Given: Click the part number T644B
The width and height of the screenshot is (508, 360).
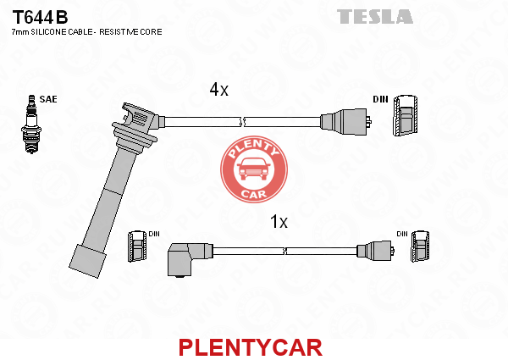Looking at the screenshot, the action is coord(40,17).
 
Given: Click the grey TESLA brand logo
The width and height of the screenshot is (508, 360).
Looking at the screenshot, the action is coord(375,17).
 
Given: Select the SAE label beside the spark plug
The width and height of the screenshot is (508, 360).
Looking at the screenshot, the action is coord(48,99).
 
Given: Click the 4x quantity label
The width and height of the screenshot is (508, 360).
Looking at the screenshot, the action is coord(219,89).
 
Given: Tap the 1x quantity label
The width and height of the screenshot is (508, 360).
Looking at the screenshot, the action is coord(279,222).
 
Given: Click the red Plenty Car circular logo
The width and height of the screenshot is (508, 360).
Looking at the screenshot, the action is coord(254,169).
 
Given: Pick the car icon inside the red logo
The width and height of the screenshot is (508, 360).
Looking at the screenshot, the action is coord(254,169).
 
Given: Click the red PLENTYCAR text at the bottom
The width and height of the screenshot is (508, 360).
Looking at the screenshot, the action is coord(251,347).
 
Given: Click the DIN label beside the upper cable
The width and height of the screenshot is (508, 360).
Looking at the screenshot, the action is coord(380,99).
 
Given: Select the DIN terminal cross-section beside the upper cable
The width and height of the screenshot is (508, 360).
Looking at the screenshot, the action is coord(406,115).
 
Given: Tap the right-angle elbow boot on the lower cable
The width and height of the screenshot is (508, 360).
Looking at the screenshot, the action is coord(187,259).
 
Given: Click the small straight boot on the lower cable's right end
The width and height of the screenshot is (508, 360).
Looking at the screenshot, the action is coord(375,251).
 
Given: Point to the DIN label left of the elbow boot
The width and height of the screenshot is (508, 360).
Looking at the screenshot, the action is coord(154,234).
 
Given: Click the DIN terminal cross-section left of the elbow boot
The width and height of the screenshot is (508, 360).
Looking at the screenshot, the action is coord(137,246).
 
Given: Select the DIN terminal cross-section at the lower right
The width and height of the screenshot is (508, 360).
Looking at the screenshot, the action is coord(420,246).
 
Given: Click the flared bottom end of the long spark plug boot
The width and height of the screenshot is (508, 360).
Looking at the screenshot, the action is coord(87,261).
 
